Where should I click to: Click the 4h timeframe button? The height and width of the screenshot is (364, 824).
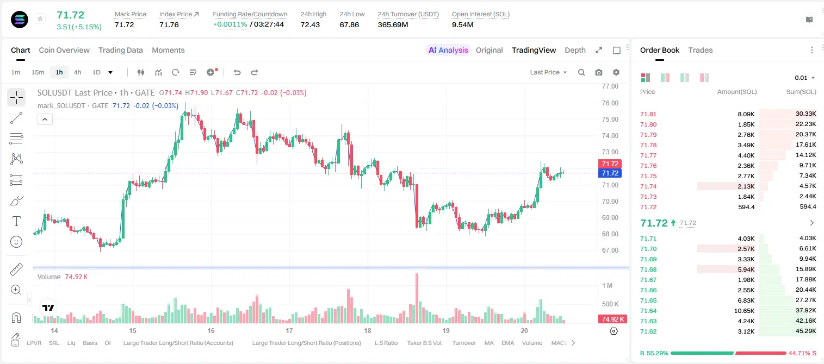77,72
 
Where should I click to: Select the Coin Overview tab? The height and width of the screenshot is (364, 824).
64,50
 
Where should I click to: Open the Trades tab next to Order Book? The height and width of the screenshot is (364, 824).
701,50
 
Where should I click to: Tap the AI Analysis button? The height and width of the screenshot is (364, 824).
448,50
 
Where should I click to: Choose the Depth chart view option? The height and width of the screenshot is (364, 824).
575,50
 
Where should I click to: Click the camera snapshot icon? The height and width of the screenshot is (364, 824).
598,72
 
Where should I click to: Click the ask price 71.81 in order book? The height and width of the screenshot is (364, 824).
648,114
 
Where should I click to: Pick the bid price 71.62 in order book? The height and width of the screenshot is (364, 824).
648,331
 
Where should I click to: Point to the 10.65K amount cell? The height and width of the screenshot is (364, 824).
744,311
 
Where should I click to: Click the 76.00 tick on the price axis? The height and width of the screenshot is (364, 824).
610,103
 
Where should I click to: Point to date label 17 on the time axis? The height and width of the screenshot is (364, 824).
289,330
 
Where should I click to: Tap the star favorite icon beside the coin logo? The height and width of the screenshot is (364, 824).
40,18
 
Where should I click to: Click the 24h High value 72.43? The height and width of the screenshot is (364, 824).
310,24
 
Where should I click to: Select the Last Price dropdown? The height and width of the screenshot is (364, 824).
548,72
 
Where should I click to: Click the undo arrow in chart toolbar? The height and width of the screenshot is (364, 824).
237,72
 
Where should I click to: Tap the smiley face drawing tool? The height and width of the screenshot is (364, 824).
16,242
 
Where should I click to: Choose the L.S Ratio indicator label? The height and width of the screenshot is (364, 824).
386,343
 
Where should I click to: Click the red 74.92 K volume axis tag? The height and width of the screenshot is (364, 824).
612,319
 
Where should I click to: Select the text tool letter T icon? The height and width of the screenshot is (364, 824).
16,221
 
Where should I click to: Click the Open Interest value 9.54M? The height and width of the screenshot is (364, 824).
462,24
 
